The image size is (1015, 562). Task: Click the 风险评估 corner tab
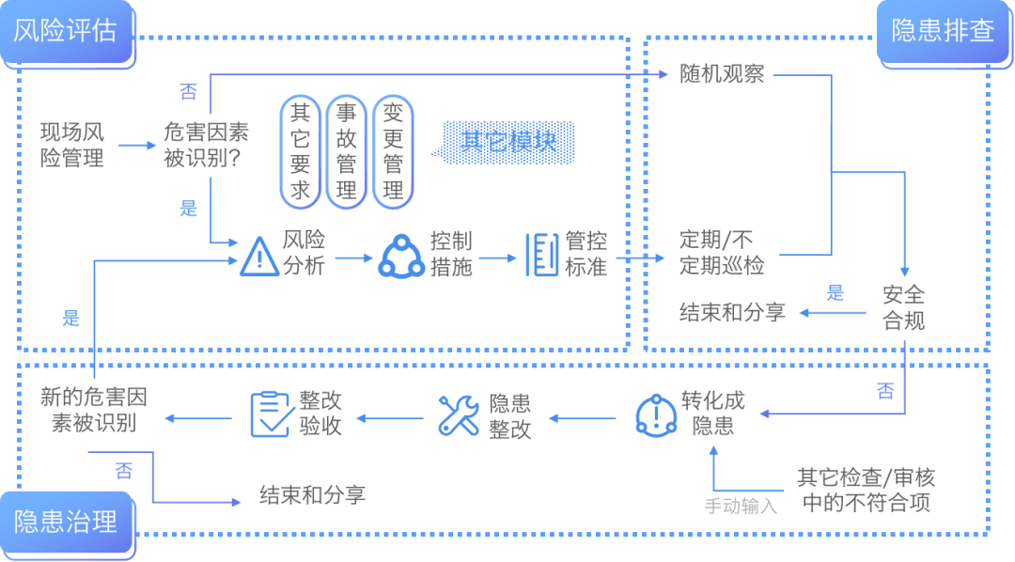tap(66, 31)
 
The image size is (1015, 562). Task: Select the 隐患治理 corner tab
tap(66, 522)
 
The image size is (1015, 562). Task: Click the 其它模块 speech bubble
tap(508, 142)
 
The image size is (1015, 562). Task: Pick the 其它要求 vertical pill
tap(300, 151)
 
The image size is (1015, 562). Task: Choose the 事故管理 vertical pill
tap(347, 151)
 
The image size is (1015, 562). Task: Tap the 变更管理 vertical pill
tap(394, 151)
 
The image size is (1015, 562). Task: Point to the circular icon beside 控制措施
tap(401, 254)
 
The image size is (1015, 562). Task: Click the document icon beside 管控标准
tap(542, 254)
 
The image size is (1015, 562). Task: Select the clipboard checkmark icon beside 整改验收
tap(271, 414)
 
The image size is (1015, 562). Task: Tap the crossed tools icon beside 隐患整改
tap(460, 414)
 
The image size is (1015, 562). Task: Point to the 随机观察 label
tap(722, 74)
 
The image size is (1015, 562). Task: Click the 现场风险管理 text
tap(73, 144)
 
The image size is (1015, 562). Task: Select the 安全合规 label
tap(904, 307)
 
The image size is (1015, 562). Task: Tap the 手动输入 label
tap(742, 507)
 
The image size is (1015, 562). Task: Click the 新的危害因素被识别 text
tap(94, 410)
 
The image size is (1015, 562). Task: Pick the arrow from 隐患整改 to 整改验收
tap(384, 418)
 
